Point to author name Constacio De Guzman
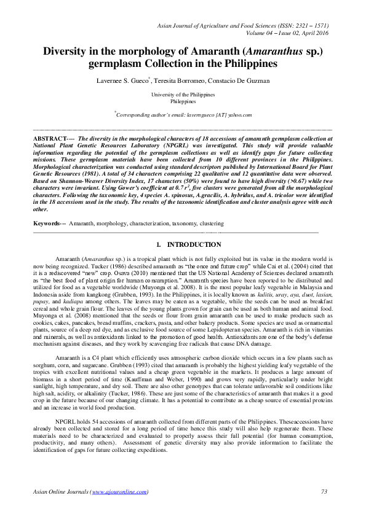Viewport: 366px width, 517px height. pyautogui.click(x=247, y=80)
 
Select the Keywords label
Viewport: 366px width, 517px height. pyautogui.click(x=48, y=224)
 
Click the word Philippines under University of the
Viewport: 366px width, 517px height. pyautogui.click(x=183, y=101)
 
